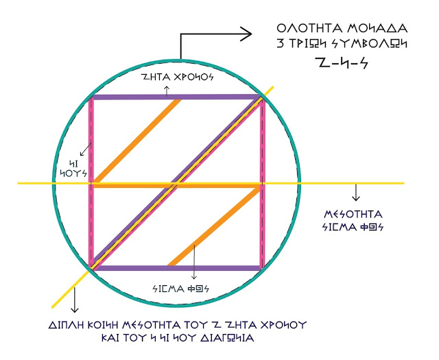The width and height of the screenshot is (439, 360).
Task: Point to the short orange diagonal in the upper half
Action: click(x=137, y=141)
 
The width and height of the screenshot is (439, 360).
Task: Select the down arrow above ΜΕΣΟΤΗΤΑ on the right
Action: click(x=355, y=194)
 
